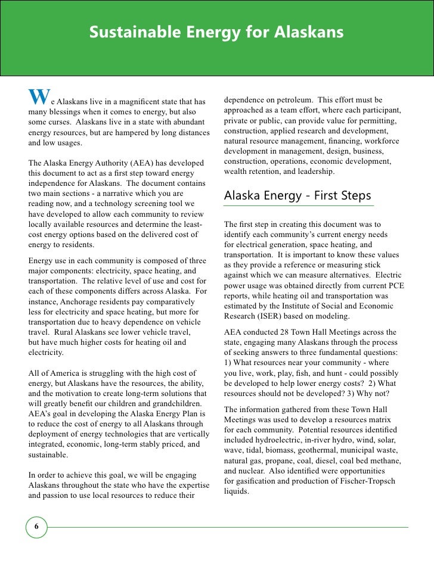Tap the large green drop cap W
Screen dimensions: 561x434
pyautogui.click(x=37, y=97)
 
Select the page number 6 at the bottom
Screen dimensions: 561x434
pyautogui.click(x=36, y=527)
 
